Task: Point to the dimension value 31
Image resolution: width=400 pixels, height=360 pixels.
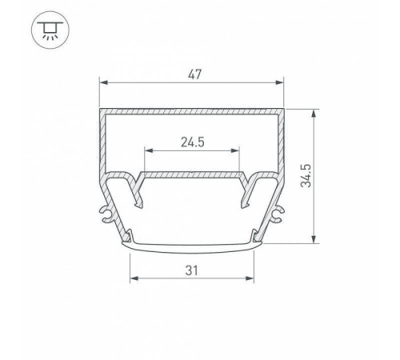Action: pyautogui.click(x=190, y=270)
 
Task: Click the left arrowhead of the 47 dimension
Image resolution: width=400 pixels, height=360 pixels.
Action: pyautogui.click(x=102, y=82)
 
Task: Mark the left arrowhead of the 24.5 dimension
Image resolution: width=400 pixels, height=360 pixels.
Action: pyautogui.click(x=146, y=151)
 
